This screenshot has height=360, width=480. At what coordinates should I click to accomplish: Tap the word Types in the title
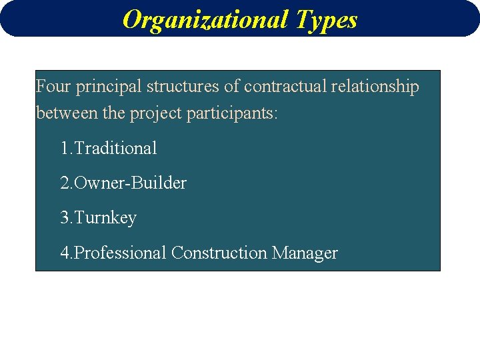click(327, 20)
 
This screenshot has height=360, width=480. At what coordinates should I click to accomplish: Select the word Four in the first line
click(53, 87)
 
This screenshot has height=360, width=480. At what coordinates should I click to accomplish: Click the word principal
click(108, 87)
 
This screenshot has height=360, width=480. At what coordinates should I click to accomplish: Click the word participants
click(231, 114)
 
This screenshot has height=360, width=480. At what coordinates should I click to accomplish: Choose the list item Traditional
click(116, 148)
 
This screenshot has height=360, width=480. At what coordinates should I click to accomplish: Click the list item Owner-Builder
click(131, 183)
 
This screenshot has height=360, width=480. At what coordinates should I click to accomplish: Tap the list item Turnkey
click(106, 218)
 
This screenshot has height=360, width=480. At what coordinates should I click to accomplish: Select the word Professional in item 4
click(121, 253)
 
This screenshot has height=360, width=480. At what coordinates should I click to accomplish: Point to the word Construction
click(219, 253)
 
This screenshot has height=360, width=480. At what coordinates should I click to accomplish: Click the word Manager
click(305, 253)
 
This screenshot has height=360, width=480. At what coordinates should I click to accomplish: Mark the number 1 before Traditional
click(65, 148)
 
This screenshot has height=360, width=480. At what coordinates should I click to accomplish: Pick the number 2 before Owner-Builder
click(65, 183)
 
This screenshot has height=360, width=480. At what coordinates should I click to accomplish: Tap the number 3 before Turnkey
click(65, 218)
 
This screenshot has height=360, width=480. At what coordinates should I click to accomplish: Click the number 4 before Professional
click(65, 253)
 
